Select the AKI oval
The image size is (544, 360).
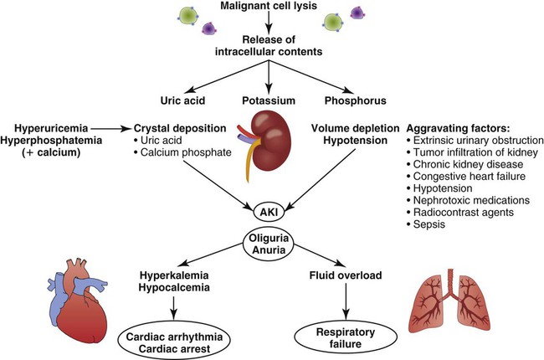(x=267, y=212)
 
